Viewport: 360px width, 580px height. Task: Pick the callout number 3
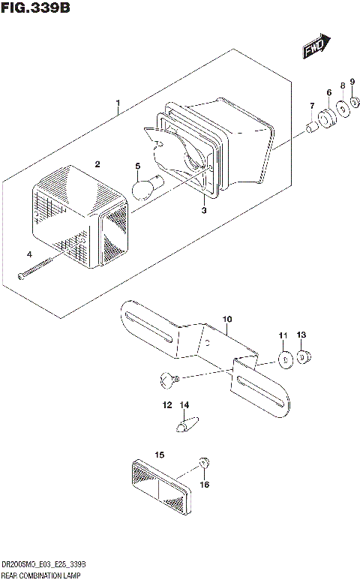pyautogui.click(x=202, y=211)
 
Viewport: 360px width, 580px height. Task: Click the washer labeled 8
pyautogui.click(x=343, y=109)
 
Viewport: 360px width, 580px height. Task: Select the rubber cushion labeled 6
pyautogui.click(x=326, y=119)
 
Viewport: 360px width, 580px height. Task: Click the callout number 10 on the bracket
pyautogui.click(x=227, y=319)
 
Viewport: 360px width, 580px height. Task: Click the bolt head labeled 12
pyautogui.click(x=167, y=382)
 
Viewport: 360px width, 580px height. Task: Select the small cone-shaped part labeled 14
pyautogui.click(x=184, y=424)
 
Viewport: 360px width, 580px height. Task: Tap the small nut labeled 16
pyautogui.click(x=203, y=464)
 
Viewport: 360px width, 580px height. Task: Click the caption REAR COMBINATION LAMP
pyautogui.click(x=42, y=575)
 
